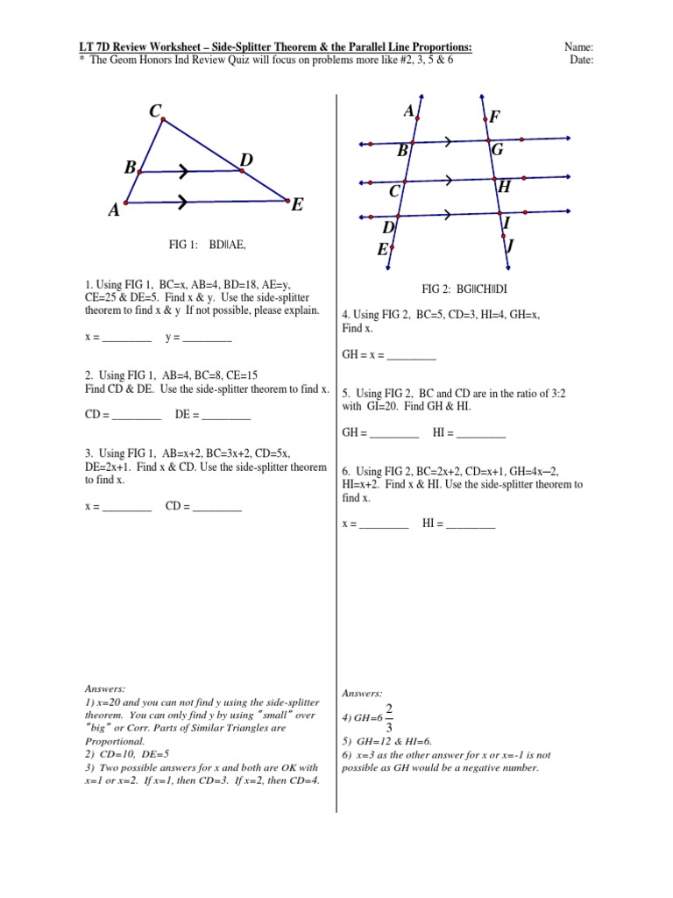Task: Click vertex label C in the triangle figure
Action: click(155, 110)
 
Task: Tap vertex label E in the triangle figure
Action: click(297, 205)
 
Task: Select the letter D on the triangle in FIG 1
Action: click(246, 160)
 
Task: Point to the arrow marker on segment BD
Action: click(186, 170)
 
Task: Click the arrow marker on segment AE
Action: click(182, 203)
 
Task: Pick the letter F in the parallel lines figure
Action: click(495, 117)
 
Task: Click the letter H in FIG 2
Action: click(503, 187)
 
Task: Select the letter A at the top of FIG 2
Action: click(408, 111)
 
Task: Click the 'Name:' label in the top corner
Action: click(582, 46)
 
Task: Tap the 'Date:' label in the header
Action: click(581, 60)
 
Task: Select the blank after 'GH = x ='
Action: click(411, 356)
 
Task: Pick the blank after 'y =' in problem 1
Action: click(208, 338)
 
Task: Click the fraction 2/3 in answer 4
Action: click(388, 716)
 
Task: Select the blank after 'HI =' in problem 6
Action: click(471, 524)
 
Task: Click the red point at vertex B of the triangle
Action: click(142, 172)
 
